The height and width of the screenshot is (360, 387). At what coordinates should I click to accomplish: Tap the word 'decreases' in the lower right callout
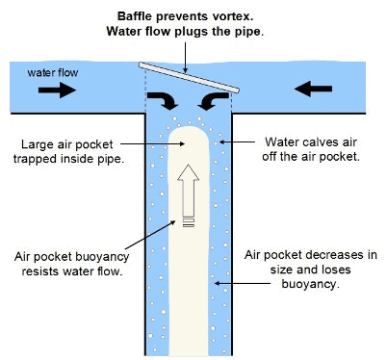click(x=341, y=252)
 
